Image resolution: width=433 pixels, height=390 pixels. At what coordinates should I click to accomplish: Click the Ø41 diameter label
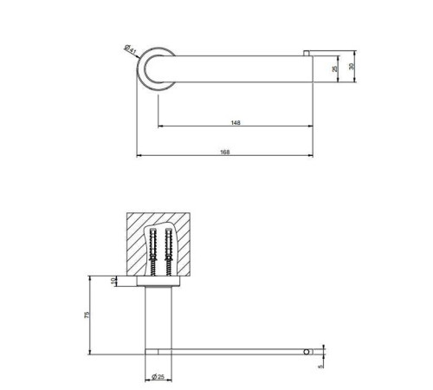click(x=130, y=49)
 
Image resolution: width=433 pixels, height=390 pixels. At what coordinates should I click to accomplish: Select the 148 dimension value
click(x=236, y=123)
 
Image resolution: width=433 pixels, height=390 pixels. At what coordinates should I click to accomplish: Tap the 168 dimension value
click(x=225, y=152)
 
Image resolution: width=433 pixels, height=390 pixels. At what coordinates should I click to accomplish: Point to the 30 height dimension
click(x=352, y=66)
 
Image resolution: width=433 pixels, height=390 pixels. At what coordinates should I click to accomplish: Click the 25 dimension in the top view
click(x=334, y=68)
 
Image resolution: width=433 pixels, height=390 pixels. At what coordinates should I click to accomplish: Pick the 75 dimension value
click(x=87, y=315)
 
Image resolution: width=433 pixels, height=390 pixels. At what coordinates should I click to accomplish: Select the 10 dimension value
click(x=113, y=281)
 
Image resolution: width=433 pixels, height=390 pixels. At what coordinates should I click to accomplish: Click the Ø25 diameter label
click(x=158, y=376)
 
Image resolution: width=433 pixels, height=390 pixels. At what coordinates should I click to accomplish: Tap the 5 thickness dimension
click(x=320, y=367)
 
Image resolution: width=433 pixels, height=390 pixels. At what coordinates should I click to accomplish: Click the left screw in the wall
click(x=152, y=251)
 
